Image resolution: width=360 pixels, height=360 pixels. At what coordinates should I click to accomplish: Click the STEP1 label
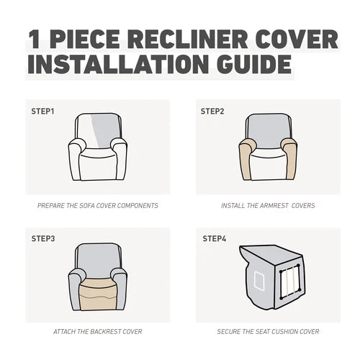tap(42, 112)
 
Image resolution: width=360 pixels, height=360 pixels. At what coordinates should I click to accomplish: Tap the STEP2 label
tap(212, 112)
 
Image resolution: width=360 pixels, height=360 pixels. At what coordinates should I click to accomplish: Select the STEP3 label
tap(43, 238)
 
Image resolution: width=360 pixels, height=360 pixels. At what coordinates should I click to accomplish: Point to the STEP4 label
tap(215, 238)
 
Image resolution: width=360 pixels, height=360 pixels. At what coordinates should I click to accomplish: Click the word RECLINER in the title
tap(187, 39)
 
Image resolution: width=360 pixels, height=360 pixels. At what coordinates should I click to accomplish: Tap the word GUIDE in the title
tap(254, 64)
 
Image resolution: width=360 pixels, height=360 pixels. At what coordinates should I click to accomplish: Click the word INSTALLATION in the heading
tap(118, 64)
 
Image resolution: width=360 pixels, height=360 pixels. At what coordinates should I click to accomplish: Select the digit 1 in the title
tap(34, 39)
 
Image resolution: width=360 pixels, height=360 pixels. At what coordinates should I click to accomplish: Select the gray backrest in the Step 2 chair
tap(268, 131)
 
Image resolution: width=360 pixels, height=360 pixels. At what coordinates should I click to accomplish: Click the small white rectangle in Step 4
tap(259, 281)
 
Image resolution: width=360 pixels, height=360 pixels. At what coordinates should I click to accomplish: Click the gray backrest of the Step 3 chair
tap(98, 261)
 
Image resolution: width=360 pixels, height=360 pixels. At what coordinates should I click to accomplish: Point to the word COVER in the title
tap(297, 39)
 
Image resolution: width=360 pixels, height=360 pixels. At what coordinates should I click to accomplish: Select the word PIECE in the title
tap(84, 39)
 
